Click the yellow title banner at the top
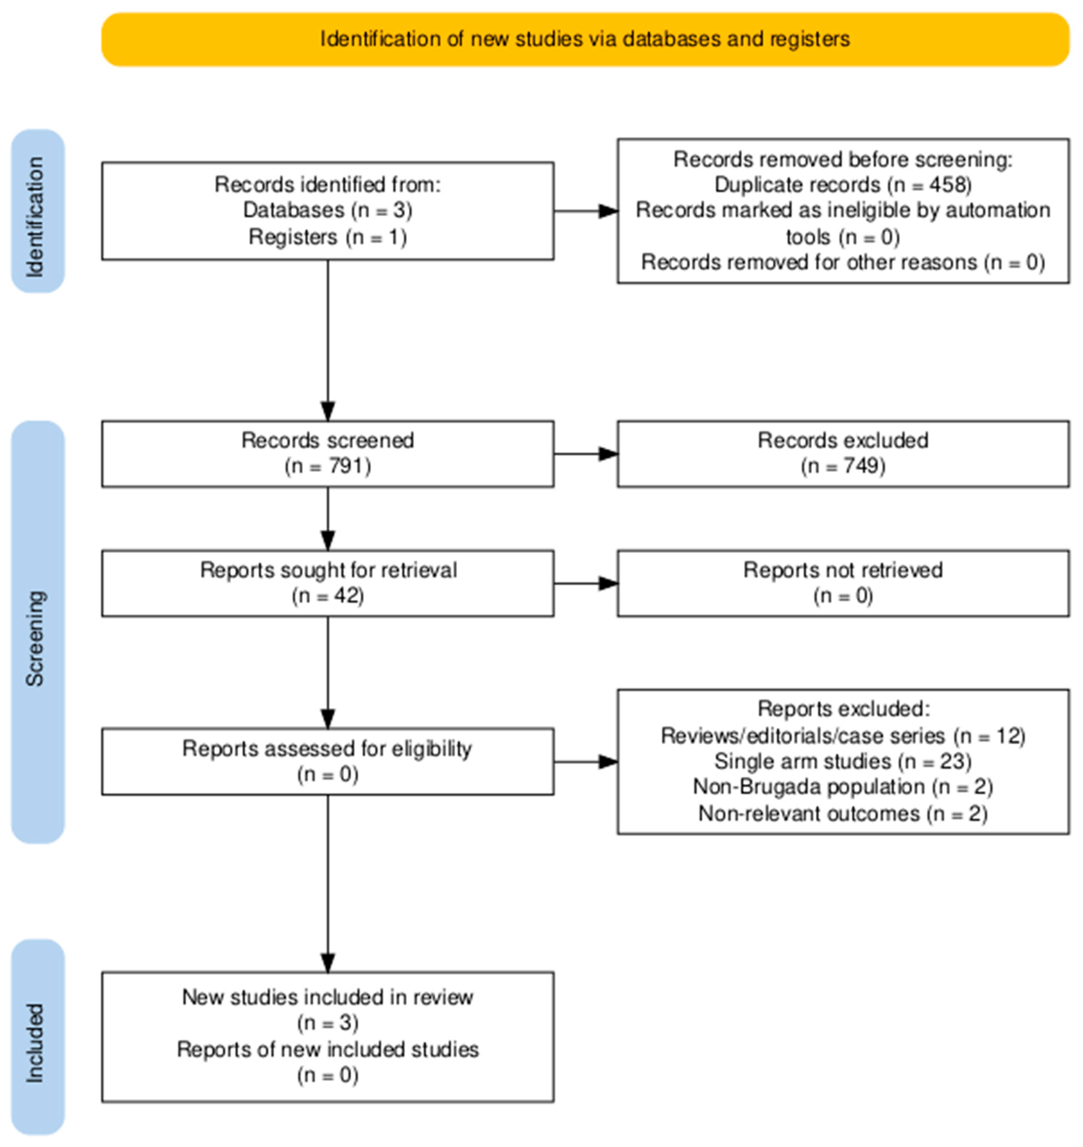pyautogui.click(x=585, y=39)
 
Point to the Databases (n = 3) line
pyautogui.click(x=327, y=210)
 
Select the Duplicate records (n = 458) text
pyautogui.click(x=843, y=185)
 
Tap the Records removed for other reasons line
pyautogui.click(x=843, y=263)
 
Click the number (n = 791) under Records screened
pyautogui.click(x=327, y=466)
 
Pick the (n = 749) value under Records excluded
pyautogui.click(x=843, y=466)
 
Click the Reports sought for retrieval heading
pyautogui.click(x=327, y=570)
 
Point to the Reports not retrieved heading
pyautogui.click(x=843, y=570)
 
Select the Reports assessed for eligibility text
pyautogui.click(x=327, y=749)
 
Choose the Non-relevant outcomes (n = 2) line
pyautogui.click(x=843, y=813)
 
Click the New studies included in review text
pyautogui.click(x=327, y=997)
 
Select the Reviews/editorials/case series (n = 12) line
pyautogui.click(x=843, y=736)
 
